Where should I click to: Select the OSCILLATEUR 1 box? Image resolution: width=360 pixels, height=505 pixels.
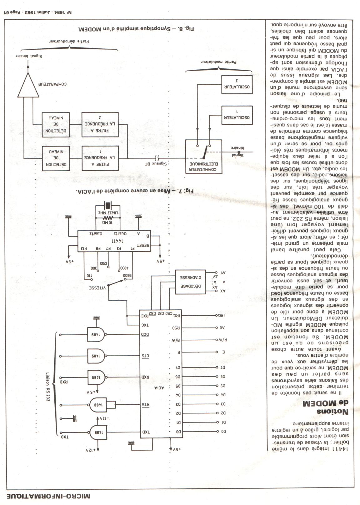(x=237, y=115)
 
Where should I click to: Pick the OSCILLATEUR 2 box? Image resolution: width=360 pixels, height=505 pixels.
(x=237, y=84)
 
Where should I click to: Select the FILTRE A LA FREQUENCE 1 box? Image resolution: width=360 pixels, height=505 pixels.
(x=100, y=158)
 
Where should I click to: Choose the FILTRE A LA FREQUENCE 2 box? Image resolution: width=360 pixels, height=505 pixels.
(x=100, y=124)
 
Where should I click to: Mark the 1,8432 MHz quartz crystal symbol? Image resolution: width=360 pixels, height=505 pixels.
(x=108, y=205)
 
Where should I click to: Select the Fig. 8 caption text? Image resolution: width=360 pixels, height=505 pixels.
(x=135, y=29)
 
